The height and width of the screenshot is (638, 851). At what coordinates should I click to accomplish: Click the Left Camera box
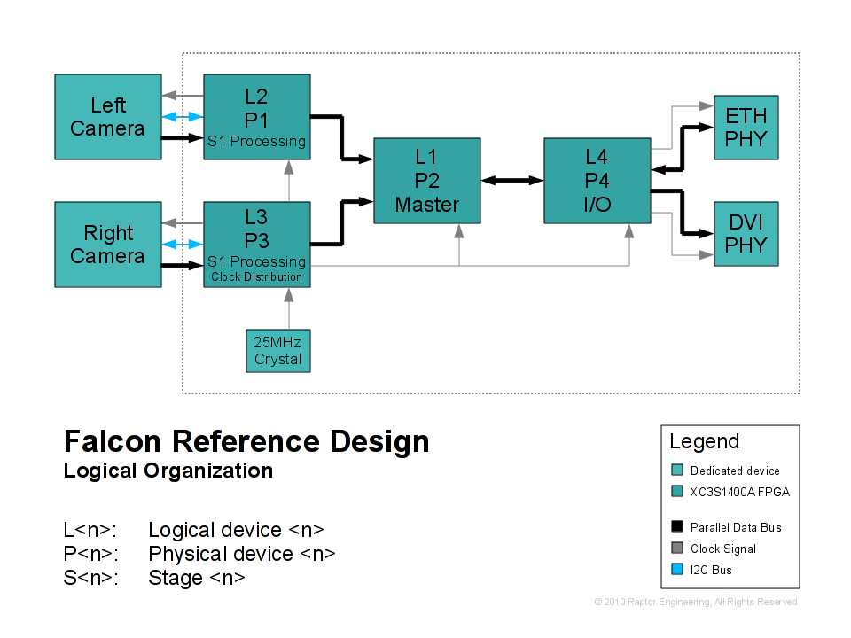(108, 117)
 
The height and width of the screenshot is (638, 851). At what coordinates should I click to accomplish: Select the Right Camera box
(108, 245)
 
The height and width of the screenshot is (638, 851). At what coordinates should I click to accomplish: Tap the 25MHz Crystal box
(278, 350)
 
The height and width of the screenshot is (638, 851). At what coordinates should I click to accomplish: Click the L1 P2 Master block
(427, 181)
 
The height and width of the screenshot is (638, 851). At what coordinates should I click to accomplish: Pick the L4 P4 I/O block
(597, 181)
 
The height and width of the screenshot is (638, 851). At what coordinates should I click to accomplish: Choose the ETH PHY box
(746, 128)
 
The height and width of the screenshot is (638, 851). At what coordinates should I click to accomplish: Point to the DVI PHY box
(746, 234)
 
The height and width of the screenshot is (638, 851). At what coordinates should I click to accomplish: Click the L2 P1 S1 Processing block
(257, 117)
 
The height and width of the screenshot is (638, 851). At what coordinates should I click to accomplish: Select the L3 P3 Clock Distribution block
(257, 245)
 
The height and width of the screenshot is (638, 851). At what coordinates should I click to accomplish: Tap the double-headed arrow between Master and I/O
(512, 180)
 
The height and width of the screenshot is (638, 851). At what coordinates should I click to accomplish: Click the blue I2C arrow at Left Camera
(183, 117)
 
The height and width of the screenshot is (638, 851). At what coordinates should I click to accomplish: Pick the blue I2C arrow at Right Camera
(183, 245)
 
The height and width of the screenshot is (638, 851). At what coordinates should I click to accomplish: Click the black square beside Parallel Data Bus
(677, 527)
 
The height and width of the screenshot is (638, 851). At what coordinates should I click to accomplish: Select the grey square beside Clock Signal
(677, 549)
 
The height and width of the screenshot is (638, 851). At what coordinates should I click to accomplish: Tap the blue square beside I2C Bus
(677, 570)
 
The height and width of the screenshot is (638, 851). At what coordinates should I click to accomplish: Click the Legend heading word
(704, 441)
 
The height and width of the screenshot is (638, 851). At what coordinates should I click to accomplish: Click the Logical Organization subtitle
(168, 471)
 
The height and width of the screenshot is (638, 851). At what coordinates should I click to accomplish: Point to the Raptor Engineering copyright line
(696, 603)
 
